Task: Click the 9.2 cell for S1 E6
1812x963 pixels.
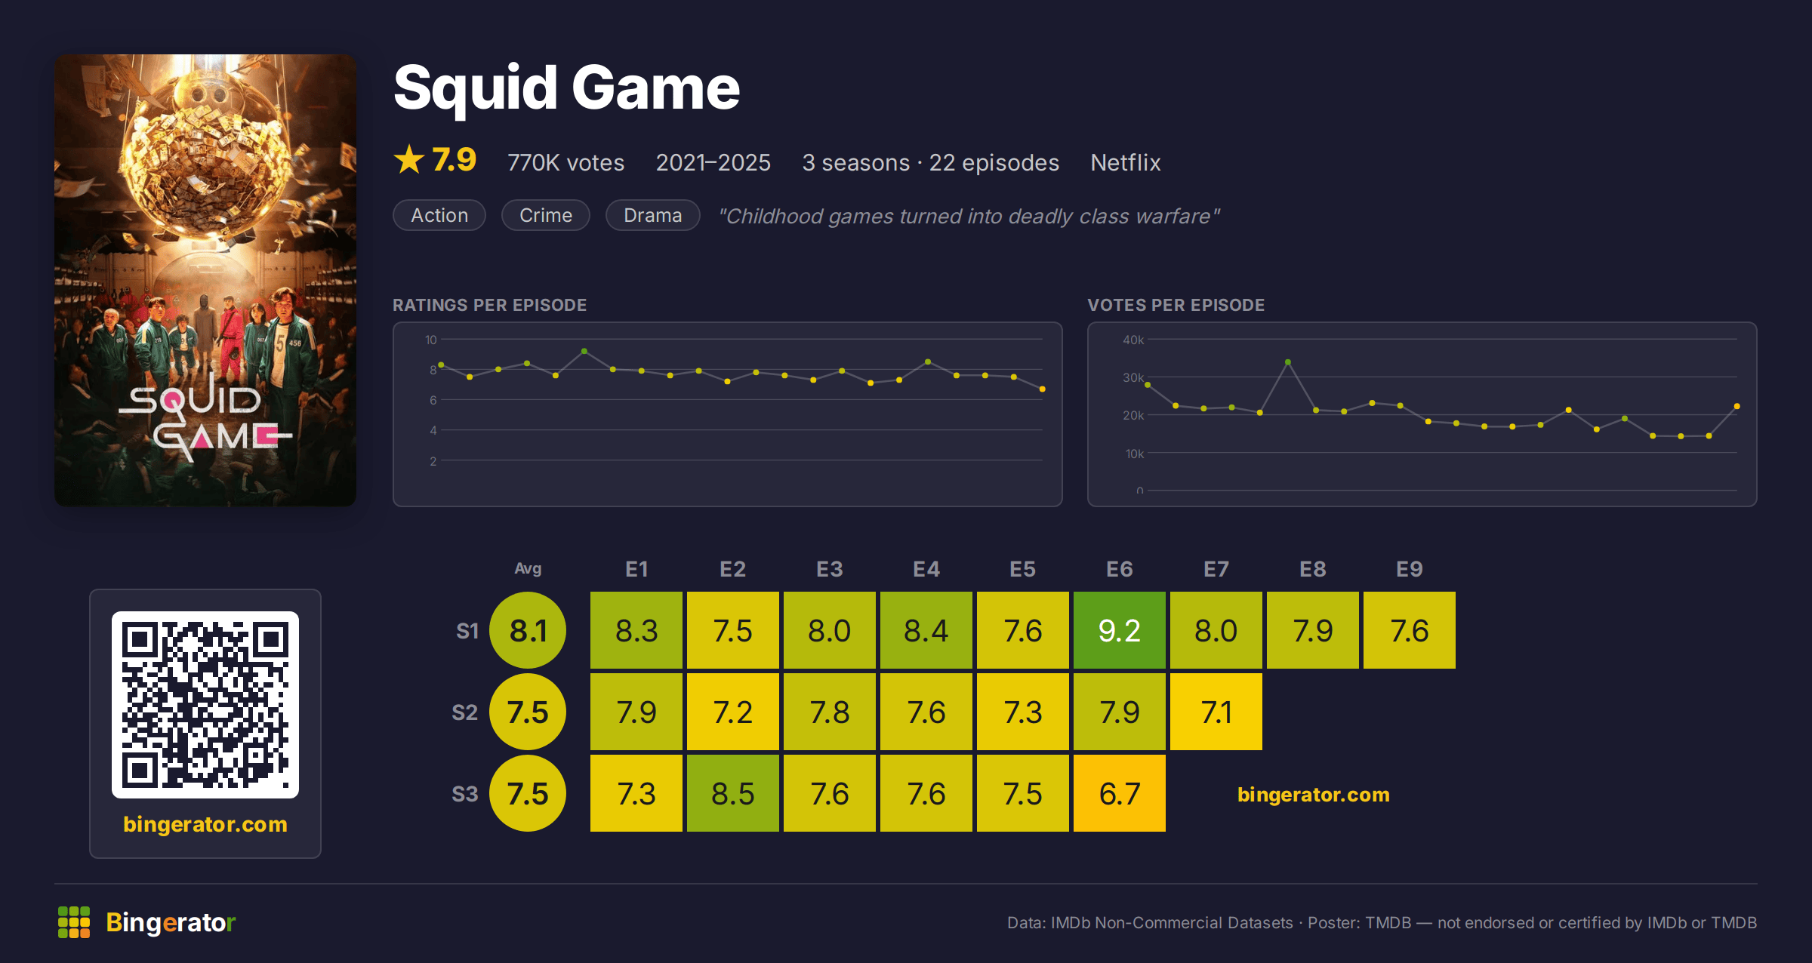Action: (1120, 630)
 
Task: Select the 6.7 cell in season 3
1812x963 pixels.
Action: (1120, 793)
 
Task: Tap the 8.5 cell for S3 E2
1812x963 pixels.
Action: (733, 793)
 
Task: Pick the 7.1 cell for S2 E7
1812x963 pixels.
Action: (1216, 712)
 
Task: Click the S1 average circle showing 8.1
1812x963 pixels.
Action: (528, 630)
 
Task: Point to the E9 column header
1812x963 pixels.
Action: (1410, 569)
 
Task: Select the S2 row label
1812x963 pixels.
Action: (465, 712)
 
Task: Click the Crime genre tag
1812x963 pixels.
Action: (546, 215)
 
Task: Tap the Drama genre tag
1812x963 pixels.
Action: (653, 215)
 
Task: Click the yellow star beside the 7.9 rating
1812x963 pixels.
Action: (409, 159)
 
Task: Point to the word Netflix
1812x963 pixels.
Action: (1126, 162)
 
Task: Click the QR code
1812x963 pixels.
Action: (205, 705)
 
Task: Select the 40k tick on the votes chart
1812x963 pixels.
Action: (1133, 340)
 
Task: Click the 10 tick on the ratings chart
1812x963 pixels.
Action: (430, 340)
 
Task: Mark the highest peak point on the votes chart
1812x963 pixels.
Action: (1288, 362)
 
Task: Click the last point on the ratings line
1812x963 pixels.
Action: (1043, 389)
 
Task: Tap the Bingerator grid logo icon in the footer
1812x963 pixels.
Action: (74, 922)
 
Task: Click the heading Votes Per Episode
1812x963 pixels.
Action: (1176, 305)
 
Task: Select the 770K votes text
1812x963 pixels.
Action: (565, 162)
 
